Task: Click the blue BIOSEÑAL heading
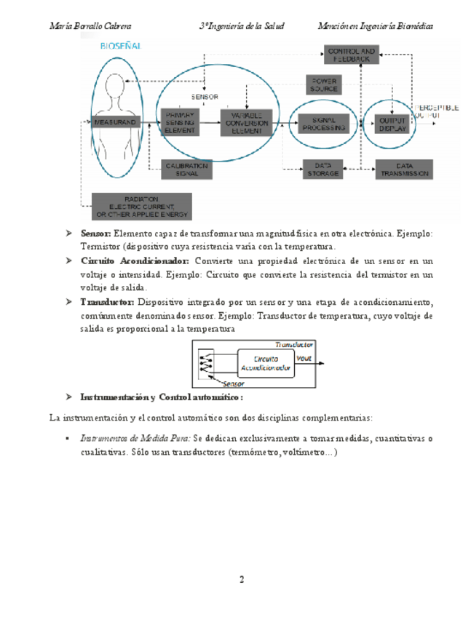(121, 45)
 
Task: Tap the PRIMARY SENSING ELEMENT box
(180, 122)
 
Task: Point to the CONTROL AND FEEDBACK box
(351, 54)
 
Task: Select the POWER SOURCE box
(324, 84)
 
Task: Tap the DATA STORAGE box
(322, 170)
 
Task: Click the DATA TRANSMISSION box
(403, 170)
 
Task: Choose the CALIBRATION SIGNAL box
(187, 170)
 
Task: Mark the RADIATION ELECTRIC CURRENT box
(142, 206)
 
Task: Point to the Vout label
(304, 357)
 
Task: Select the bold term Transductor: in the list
(107, 302)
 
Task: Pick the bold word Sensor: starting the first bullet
(95, 234)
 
